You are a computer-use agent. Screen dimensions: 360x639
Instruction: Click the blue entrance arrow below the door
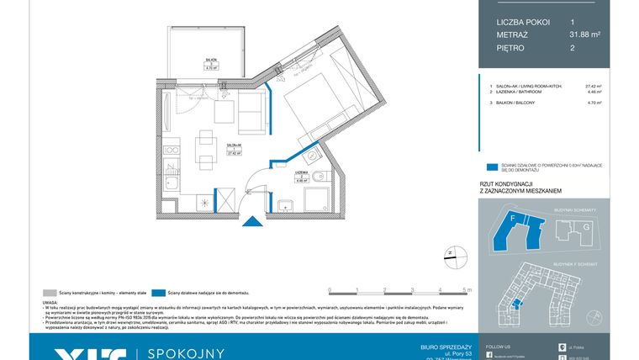(251, 224)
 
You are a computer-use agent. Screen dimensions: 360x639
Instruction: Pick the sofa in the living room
(251, 114)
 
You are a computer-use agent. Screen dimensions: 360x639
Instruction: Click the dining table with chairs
(203, 151)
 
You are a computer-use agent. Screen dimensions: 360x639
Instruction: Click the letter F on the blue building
(512, 218)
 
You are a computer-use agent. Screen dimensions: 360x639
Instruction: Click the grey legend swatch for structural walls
(49, 292)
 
